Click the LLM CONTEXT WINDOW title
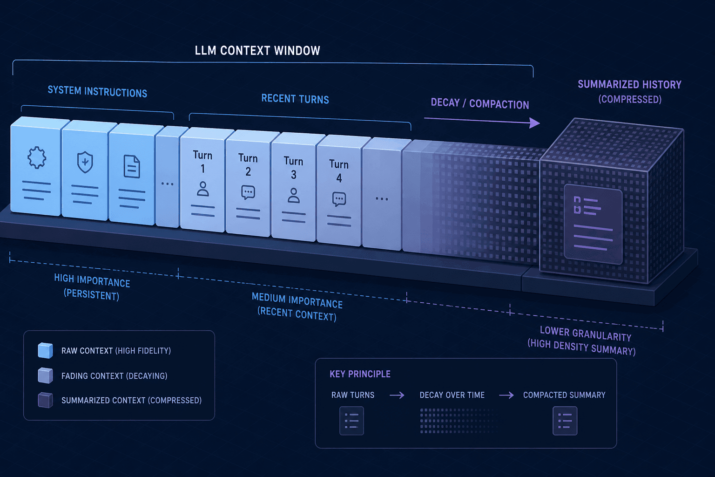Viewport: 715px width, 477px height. click(x=257, y=50)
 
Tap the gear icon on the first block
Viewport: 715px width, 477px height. click(x=36, y=157)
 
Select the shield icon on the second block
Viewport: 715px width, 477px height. click(x=85, y=162)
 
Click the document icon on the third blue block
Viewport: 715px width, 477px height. click(x=132, y=166)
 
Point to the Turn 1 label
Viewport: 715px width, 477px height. click(x=202, y=162)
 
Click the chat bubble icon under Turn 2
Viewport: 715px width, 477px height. click(x=248, y=192)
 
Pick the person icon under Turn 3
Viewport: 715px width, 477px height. click(x=293, y=196)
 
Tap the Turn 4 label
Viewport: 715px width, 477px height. click(x=339, y=171)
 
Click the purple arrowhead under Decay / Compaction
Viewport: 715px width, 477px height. click(x=534, y=123)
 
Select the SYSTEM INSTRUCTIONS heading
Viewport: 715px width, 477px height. click(x=97, y=91)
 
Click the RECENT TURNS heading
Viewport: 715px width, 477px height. click(x=295, y=99)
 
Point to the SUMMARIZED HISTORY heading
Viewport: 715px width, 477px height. click(x=629, y=84)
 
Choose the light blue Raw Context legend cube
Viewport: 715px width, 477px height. click(x=45, y=350)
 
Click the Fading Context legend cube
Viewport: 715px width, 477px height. click(x=45, y=375)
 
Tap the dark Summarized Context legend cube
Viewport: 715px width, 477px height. click(x=45, y=400)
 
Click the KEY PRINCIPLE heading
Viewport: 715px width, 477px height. click(x=360, y=374)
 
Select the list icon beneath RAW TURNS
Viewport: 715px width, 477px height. click(x=351, y=421)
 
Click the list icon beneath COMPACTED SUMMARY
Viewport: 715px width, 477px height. click(x=565, y=421)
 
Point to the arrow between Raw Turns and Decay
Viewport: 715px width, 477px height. click(x=397, y=395)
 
